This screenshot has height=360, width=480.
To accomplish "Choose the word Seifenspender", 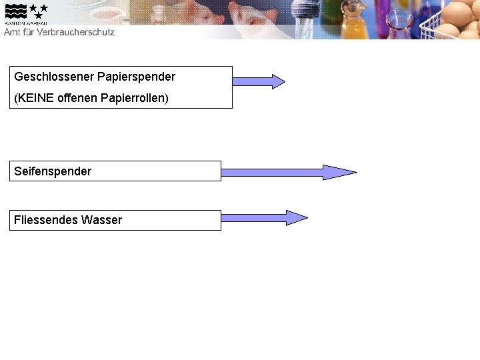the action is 53,171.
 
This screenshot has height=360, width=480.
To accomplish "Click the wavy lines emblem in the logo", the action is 16,11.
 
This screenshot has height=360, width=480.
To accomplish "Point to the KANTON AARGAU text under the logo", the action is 25,23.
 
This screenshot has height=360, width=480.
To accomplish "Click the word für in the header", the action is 32,31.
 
